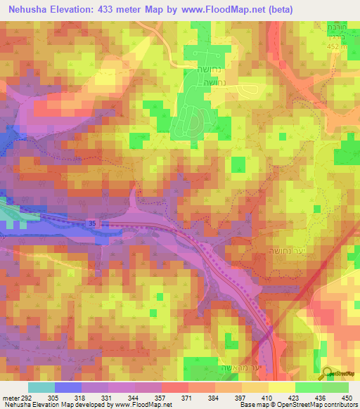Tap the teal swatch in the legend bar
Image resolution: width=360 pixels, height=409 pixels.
click(41, 387)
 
